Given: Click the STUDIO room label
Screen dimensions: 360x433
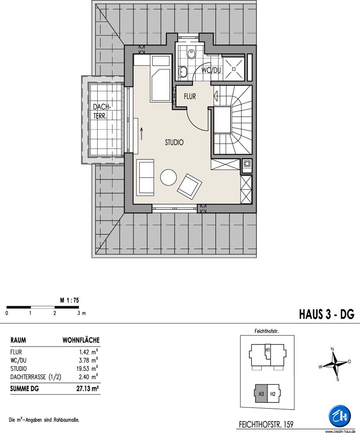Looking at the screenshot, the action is [x=174, y=142].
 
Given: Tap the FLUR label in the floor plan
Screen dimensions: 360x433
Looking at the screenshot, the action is [x=190, y=96].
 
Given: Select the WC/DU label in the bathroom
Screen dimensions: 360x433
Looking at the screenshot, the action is [x=211, y=70].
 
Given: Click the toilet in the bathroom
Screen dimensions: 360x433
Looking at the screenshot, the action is [x=191, y=54].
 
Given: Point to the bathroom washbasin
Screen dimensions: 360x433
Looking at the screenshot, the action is [x=183, y=72].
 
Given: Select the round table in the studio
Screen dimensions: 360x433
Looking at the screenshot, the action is [x=168, y=178].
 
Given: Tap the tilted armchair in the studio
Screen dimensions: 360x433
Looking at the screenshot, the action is [x=189, y=187].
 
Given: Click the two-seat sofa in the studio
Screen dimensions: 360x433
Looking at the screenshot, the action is [x=145, y=177].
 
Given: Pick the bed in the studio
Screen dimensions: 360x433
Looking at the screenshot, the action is [x=161, y=78].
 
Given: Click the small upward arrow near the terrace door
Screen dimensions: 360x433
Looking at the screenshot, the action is [x=142, y=133].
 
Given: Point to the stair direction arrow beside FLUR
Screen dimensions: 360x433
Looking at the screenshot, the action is [x=215, y=96].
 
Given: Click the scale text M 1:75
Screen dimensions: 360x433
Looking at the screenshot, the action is [x=69, y=300].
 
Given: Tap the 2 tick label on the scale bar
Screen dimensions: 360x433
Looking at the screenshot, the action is [x=54, y=313].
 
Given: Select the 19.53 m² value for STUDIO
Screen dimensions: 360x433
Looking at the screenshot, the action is [x=87, y=369].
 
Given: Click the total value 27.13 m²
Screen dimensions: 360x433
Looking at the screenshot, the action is [x=87, y=388].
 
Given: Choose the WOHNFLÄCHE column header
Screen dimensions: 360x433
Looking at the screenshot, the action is [x=81, y=340].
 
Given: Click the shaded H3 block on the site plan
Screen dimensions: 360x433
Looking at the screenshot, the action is [x=261, y=394].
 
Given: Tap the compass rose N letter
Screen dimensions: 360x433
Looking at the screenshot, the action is [x=332, y=349].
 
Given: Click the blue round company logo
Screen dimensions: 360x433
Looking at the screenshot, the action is [x=339, y=416].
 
